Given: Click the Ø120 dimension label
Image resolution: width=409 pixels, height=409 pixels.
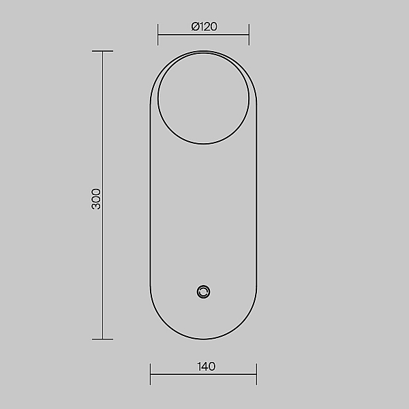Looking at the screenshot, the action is [204, 27].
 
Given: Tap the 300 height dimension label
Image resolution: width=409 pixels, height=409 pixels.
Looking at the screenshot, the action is [96, 199].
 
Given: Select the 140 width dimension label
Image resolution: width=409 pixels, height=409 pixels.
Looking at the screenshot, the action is [207, 367].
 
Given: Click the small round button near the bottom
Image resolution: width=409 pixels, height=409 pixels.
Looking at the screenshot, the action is [203, 292].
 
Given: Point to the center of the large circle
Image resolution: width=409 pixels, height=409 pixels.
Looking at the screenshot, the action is [203, 98].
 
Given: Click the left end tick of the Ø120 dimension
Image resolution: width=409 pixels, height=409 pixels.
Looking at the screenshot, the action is [157, 35].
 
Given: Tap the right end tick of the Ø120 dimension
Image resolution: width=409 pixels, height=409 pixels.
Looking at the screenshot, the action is [249, 35].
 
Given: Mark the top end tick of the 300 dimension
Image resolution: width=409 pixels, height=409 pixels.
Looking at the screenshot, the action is [102, 51].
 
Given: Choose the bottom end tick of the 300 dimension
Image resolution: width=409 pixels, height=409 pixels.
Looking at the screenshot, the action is [102, 339].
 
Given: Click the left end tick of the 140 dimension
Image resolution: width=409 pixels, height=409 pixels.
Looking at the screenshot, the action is [150, 374].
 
